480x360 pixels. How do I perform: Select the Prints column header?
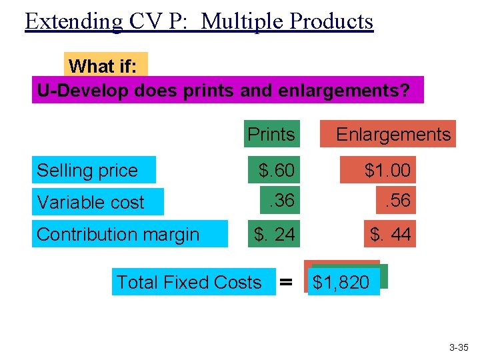tap(271, 134)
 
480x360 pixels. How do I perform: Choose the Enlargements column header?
tap(393, 134)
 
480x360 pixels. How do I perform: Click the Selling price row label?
tap(87, 171)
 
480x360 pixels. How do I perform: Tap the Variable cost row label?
tap(91, 202)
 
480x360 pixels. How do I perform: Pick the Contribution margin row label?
tap(118, 234)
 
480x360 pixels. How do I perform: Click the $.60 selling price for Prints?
tap(276, 171)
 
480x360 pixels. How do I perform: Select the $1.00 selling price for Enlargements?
tap(387, 171)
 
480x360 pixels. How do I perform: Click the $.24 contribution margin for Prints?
tap(274, 234)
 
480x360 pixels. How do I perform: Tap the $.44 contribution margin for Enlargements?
tap(391, 234)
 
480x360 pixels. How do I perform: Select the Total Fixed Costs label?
tap(189, 282)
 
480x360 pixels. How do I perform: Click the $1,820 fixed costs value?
tap(341, 283)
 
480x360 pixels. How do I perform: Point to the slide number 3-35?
tap(459, 347)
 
